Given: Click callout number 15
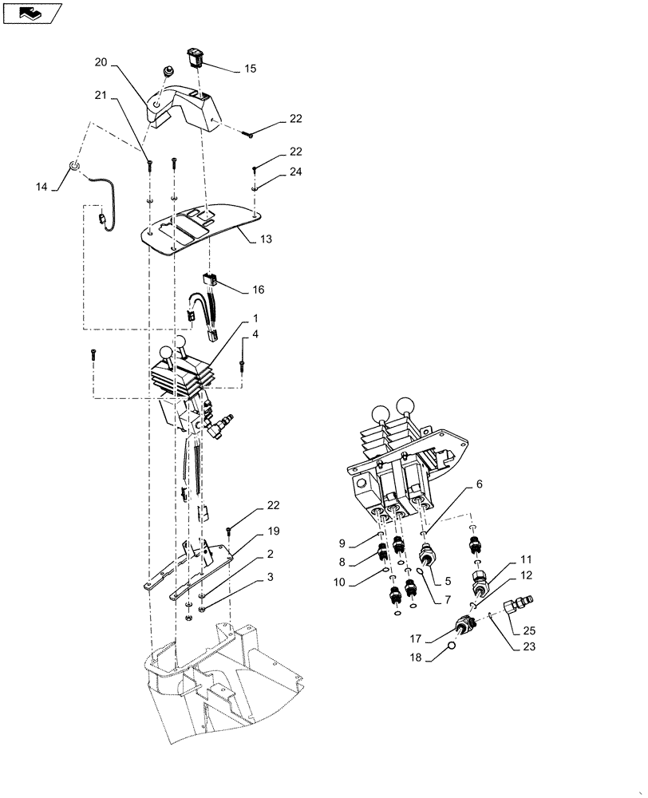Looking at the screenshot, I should [251, 69].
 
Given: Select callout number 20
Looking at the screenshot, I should [101, 61].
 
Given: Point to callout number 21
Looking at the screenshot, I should [101, 96].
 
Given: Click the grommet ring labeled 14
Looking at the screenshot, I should [73, 166].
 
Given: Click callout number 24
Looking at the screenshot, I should [274, 172].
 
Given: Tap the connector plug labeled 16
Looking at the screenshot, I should [211, 281].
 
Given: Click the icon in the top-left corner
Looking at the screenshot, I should [31, 12].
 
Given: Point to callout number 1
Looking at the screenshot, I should [255, 317].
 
